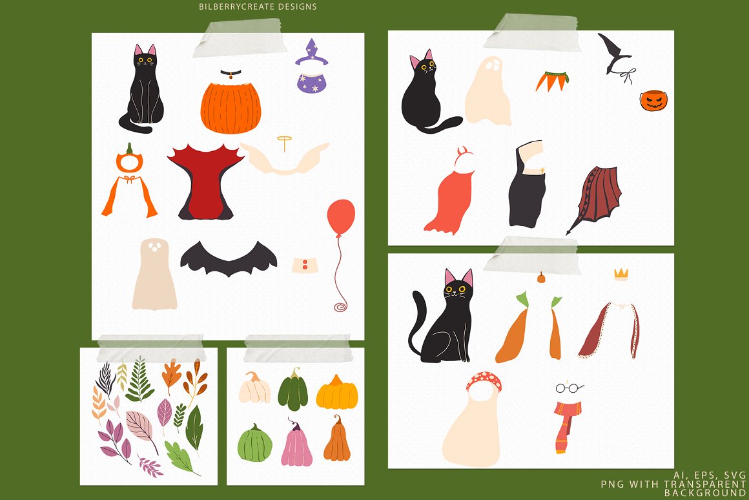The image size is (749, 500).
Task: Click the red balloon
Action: pos(341,216)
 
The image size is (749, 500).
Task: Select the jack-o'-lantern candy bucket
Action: pos(653,100)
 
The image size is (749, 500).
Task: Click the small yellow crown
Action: pos(621,273)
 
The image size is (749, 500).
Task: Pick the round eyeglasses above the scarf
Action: pos(569,388)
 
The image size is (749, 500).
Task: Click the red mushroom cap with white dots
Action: pos(484,380)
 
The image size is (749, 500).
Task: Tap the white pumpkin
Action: pos(254,388)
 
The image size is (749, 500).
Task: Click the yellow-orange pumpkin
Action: pos(337,393)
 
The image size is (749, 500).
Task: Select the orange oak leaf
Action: pos(171,376)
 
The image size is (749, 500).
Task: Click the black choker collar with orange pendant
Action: pos(231,74)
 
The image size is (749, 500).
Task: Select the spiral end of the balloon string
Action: pos(340,306)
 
